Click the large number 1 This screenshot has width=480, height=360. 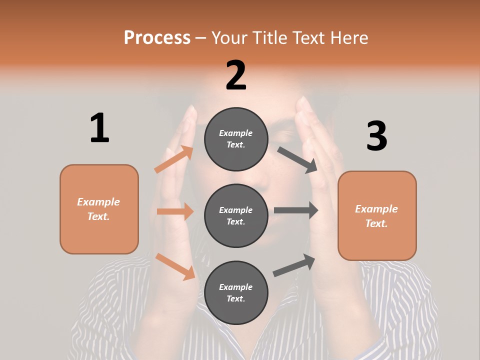[x=99, y=128]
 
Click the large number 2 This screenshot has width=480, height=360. [x=236, y=75]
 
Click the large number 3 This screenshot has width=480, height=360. [x=377, y=136]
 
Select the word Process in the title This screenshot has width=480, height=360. [x=157, y=37]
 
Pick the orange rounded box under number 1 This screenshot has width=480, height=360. [x=99, y=209]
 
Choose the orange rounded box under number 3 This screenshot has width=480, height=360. [x=377, y=216]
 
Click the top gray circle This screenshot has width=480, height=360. [x=236, y=139]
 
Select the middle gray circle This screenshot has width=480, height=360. [x=236, y=215]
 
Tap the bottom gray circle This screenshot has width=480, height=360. [x=236, y=292]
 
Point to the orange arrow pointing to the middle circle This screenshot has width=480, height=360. [x=175, y=211]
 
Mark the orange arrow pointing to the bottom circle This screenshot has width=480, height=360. [x=175, y=266]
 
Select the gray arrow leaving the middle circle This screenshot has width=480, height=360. [x=296, y=210]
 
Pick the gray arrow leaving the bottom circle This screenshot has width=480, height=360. [x=294, y=265]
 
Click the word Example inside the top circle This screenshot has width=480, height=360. [x=236, y=133]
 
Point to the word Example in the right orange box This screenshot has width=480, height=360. [x=376, y=209]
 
